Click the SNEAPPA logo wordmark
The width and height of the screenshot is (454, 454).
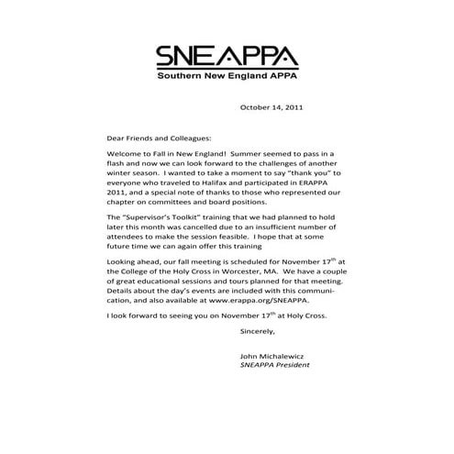(226, 58)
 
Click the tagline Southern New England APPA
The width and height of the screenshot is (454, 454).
(226, 80)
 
